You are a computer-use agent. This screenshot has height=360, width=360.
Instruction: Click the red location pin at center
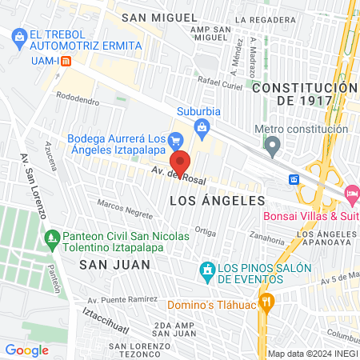tap(180, 163)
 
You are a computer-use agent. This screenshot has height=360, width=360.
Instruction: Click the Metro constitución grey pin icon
tap(274, 146)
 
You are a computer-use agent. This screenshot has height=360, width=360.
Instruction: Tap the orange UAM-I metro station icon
tap(66, 60)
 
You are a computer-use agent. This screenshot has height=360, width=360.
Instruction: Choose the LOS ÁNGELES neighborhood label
tap(217, 200)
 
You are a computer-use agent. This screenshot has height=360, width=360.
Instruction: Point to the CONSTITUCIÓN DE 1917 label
tap(303, 94)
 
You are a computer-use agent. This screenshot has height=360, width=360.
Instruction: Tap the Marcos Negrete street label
tap(124, 209)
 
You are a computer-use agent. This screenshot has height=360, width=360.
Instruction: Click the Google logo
tap(26, 350)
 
